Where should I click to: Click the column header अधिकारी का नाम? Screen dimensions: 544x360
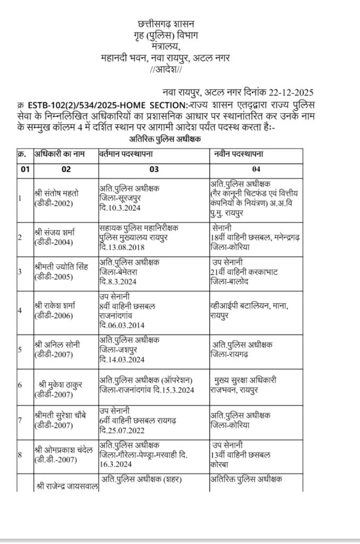[62, 154]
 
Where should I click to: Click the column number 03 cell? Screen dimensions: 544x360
[154, 170]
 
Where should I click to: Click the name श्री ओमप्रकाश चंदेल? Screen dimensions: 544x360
[63, 451]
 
